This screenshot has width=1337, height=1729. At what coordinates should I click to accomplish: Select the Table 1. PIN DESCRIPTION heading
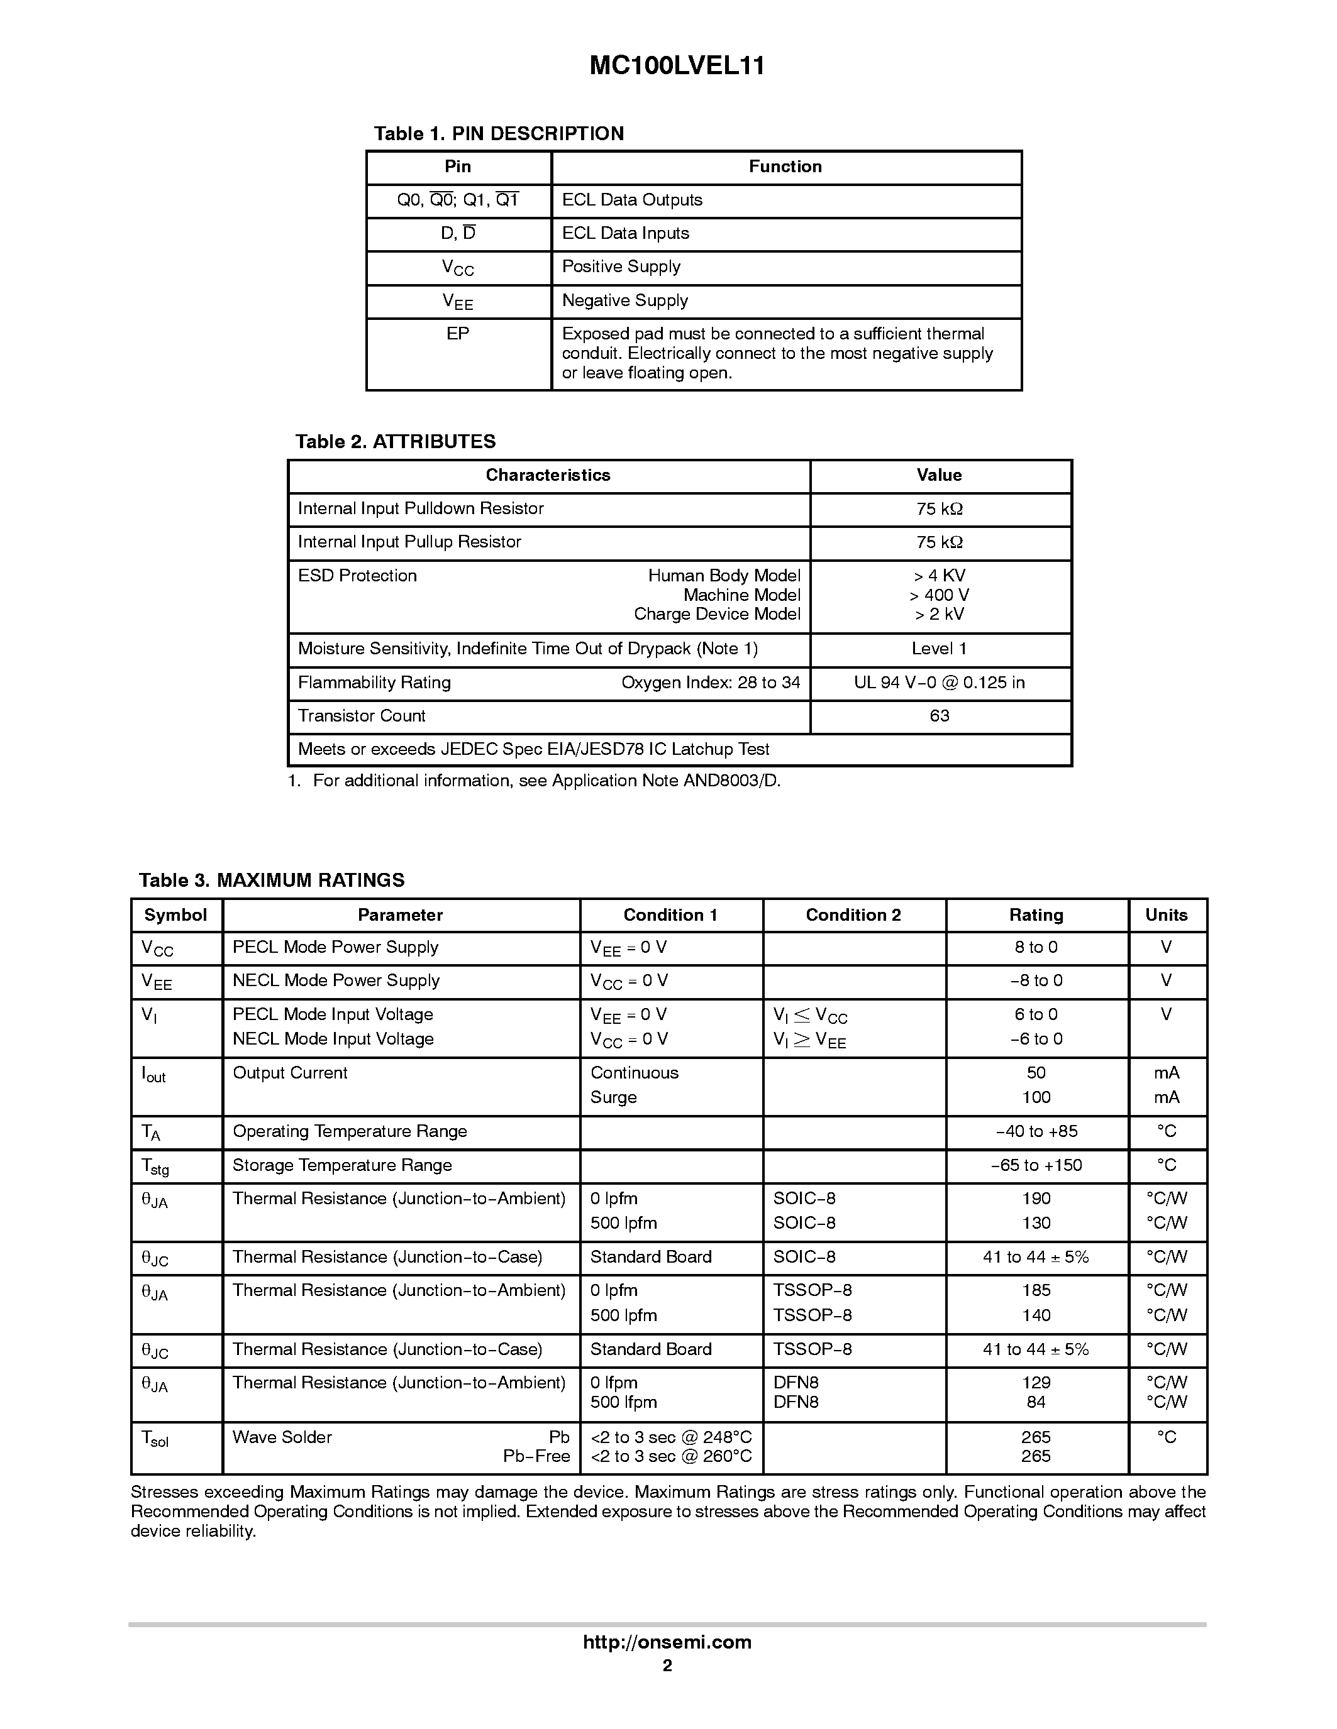click(498, 134)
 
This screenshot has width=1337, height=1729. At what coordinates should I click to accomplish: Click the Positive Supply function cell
click(621, 266)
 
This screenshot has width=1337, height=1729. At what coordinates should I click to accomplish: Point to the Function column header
click(785, 167)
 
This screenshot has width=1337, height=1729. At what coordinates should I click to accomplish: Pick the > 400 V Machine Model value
click(940, 595)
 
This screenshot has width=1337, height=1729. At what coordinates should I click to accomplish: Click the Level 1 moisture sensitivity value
click(940, 649)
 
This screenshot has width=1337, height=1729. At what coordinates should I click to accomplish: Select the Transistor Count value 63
click(940, 716)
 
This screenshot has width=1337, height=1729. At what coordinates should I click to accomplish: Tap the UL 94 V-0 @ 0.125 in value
click(940, 683)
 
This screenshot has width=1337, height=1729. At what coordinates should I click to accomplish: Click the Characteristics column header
click(548, 475)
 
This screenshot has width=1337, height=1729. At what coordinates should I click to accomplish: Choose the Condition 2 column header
click(853, 915)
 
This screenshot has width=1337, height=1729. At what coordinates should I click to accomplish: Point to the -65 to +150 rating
click(1036, 1165)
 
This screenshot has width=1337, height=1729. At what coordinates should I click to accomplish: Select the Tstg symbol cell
click(155, 1167)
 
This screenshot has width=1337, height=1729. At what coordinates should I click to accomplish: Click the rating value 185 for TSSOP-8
click(1036, 1290)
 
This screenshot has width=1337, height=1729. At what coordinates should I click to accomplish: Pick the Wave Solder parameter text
click(282, 1437)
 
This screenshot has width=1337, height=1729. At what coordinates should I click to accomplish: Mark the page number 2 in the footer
click(667, 1666)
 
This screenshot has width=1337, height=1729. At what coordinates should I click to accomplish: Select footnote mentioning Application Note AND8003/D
click(535, 781)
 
